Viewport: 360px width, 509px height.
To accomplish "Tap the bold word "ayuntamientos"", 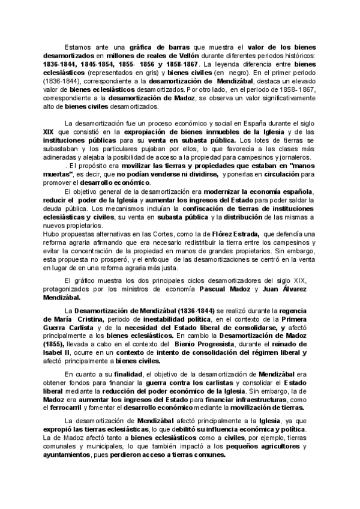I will (x=71, y=455).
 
